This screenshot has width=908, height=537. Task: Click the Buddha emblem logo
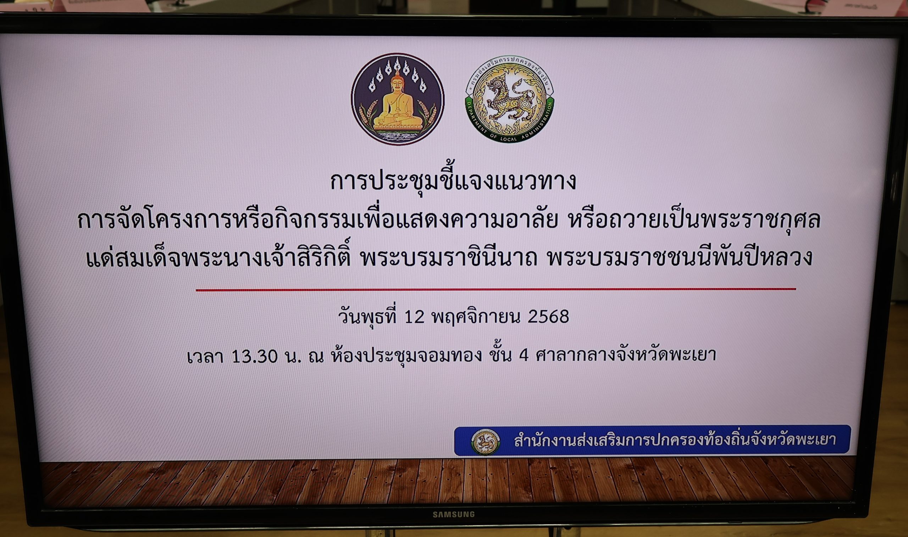click(x=398, y=99)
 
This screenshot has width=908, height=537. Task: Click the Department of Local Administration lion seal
click(x=509, y=99)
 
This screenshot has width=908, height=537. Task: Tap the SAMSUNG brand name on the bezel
click(x=454, y=514)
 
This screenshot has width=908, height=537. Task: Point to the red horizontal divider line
click(x=496, y=290)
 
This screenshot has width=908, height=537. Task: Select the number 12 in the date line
click(x=414, y=317)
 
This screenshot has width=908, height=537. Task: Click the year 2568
click(x=548, y=317)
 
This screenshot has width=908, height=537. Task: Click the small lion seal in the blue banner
click(x=485, y=442)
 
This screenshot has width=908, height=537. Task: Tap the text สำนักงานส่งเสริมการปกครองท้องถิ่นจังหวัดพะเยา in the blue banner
click(x=675, y=440)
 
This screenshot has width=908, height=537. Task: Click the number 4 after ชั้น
click(x=524, y=356)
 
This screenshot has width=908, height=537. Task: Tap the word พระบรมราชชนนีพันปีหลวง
click(x=680, y=257)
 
